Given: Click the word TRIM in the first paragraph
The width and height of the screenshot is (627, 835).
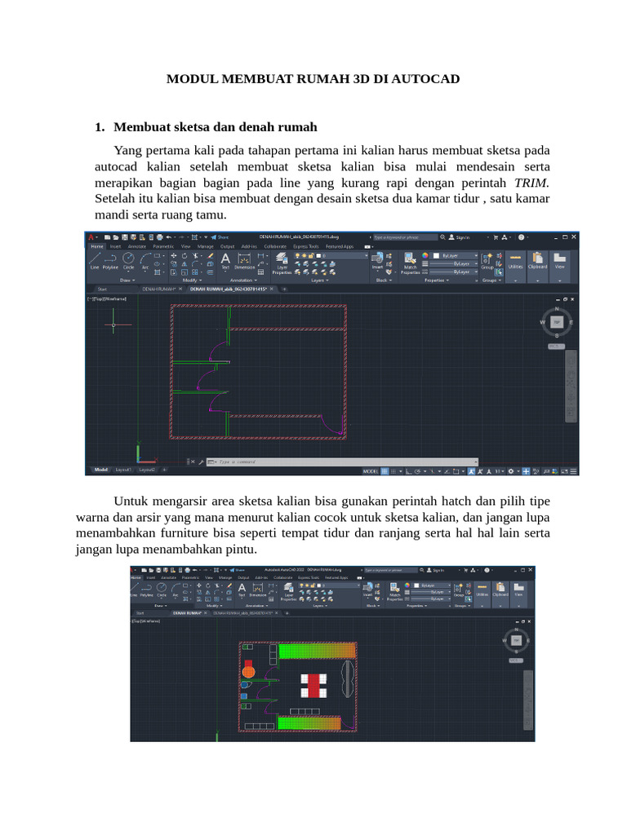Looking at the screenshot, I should tap(531, 183).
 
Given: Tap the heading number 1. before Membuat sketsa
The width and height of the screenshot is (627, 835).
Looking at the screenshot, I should tap(100, 127).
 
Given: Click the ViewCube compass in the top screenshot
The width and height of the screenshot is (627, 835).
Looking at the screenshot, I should tap(557, 322).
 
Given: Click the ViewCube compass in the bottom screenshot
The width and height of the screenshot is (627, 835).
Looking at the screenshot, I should tap(516, 643).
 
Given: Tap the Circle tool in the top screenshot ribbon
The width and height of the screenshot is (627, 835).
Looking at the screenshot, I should tap(128, 260).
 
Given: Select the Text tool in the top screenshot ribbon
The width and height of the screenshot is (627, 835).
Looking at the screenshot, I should tap(225, 260).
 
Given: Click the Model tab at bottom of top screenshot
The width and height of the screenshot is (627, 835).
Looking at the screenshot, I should tap(101, 470).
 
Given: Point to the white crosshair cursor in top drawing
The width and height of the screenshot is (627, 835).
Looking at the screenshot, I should tap(113, 324).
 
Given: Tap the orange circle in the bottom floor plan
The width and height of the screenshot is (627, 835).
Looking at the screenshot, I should tap(249, 673).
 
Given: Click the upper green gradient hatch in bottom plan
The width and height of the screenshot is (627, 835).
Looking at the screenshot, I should tap(317, 651).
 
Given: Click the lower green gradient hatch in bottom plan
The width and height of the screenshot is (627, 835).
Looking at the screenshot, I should tap(317, 722).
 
